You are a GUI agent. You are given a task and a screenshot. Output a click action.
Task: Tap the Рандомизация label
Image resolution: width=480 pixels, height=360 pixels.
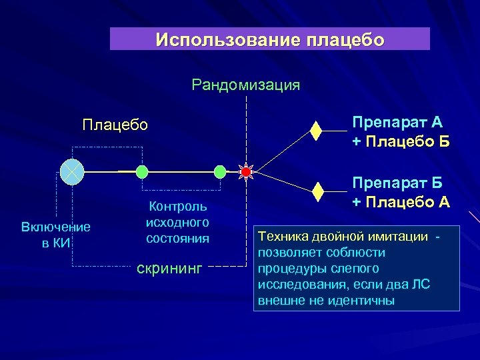(x=245, y=85)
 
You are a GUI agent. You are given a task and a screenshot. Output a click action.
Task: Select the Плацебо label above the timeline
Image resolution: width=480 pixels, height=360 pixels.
(x=115, y=125)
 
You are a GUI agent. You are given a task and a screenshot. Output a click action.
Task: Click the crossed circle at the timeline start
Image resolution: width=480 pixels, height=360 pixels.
(x=71, y=172)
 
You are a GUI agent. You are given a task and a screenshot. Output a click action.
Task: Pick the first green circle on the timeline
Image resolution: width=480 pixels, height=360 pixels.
(x=141, y=172)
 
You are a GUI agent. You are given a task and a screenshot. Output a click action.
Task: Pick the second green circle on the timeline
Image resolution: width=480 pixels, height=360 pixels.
(x=220, y=172)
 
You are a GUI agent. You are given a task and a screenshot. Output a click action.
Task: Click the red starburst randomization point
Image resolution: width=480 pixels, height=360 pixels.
(x=245, y=172)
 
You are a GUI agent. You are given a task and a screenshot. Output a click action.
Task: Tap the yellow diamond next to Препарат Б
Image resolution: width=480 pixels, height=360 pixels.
(x=318, y=192)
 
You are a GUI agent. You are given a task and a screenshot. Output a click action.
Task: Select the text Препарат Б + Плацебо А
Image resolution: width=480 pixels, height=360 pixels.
(x=401, y=193)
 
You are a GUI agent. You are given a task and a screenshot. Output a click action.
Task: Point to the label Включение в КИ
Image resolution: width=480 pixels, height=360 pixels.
(x=56, y=235)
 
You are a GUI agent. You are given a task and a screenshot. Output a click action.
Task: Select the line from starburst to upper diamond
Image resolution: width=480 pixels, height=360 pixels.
(x=283, y=151)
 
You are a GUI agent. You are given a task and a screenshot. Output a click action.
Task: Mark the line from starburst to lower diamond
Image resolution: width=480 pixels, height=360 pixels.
(x=283, y=182)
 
